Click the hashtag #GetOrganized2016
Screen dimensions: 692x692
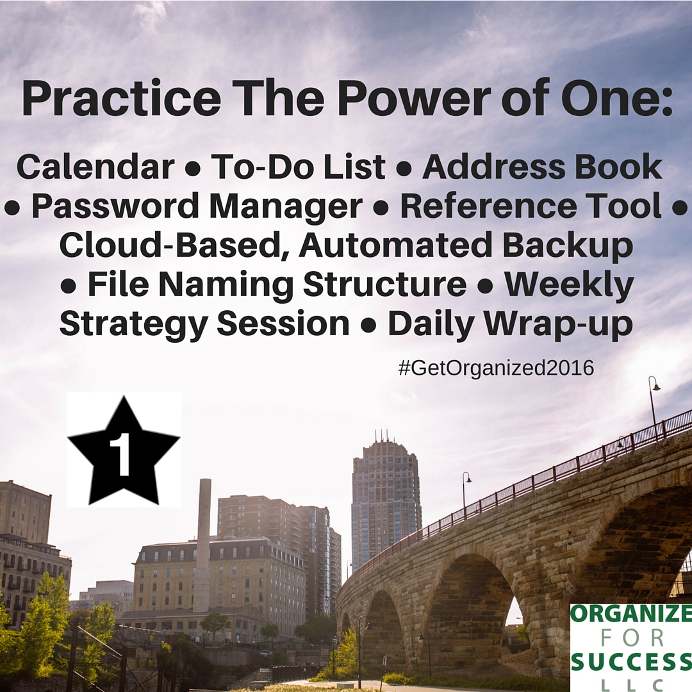click(496, 368)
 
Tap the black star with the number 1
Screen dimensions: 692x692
click(124, 450)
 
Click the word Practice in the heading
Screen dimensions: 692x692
click(121, 99)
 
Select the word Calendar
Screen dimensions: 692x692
click(95, 167)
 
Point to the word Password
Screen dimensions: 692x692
click(116, 207)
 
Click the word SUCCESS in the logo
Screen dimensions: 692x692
click(630, 661)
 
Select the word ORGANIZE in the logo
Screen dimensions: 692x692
click(630, 614)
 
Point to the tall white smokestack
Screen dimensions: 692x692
click(204, 545)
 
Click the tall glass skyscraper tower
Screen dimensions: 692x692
click(386, 500)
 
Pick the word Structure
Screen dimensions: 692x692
click(384, 284)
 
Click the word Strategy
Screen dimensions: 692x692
click(133, 324)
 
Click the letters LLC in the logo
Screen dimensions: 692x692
click(630, 684)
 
